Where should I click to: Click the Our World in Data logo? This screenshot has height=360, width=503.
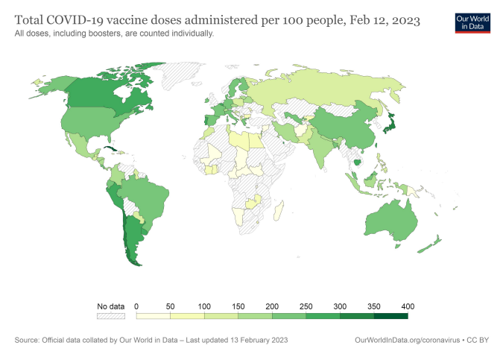pos(472,22)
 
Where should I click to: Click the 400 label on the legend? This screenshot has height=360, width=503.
pos(408,306)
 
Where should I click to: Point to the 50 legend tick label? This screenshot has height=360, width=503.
pos(171,306)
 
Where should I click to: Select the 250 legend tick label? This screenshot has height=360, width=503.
pos(306,306)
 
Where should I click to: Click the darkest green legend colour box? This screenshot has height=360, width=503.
pos(390,316)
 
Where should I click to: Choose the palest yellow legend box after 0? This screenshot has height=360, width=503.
pos(154,316)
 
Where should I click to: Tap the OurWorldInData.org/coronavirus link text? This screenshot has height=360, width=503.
pos(408,340)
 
